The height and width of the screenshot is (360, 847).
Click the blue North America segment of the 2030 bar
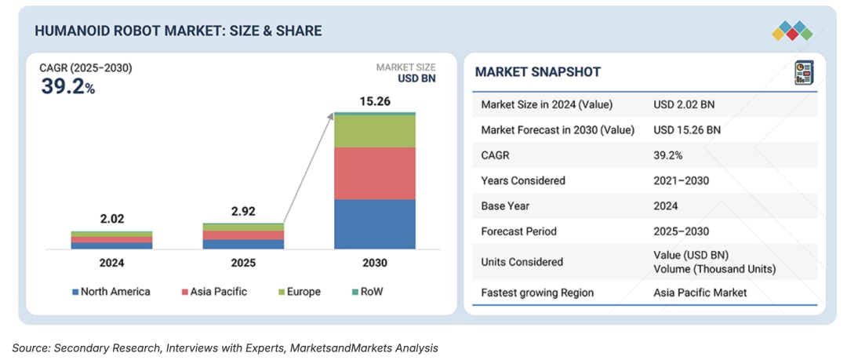(374, 224)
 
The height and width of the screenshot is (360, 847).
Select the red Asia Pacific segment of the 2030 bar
(374, 173)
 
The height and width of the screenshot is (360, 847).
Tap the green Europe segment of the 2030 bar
(374, 131)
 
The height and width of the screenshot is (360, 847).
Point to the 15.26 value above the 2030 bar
(375, 101)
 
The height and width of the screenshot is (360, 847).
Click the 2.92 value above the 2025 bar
(243, 212)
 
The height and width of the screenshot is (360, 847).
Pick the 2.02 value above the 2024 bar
(111, 220)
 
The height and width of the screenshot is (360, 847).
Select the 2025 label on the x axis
(243, 264)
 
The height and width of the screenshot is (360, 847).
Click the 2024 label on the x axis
(111, 264)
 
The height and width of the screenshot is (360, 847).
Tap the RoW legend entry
(367, 292)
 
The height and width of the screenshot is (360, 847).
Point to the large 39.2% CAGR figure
(67, 86)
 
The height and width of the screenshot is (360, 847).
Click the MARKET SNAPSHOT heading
(538, 72)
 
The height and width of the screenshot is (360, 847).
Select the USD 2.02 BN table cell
(684, 105)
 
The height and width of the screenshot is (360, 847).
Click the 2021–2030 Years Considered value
(681, 180)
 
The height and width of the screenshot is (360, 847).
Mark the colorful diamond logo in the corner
(792, 31)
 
